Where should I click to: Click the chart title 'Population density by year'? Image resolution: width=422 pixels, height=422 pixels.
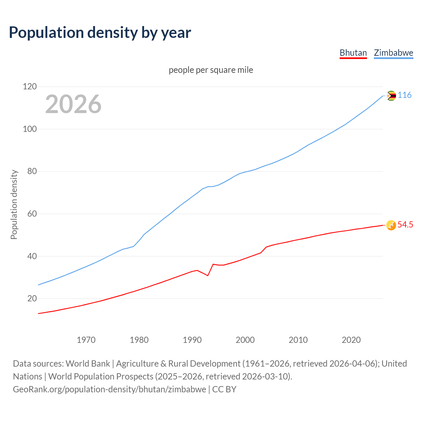[x=100, y=33]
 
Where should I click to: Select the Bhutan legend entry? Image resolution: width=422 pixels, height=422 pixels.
[x=353, y=53]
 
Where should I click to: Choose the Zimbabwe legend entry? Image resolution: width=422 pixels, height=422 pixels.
[x=393, y=53]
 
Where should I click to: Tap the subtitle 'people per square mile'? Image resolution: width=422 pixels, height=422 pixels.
[x=211, y=70]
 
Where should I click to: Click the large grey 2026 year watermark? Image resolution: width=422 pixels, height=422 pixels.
[x=73, y=104]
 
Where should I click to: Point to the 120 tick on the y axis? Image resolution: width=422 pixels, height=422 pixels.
[x=30, y=87]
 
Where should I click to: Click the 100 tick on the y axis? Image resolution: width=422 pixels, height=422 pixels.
[x=30, y=129]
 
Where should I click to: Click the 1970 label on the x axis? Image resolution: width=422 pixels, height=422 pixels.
[x=86, y=340]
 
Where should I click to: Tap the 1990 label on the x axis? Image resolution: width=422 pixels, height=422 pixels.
[x=192, y=340]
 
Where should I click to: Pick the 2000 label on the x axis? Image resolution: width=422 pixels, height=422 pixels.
[x=245, y=340]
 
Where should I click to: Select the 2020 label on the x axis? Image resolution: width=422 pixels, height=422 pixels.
[x=351, y=340]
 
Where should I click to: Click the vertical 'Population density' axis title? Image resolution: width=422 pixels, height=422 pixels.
[x=14, y=204]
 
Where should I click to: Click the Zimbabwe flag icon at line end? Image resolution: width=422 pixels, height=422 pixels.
[x=391, y=96]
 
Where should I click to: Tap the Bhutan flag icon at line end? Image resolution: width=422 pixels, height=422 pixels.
[x=391, y=225]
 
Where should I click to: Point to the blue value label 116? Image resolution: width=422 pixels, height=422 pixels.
[x=405, y=95]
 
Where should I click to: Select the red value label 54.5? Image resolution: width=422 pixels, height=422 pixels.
[x=405, y=225]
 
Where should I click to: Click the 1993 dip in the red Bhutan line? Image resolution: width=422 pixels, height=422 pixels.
[x=208, y=275]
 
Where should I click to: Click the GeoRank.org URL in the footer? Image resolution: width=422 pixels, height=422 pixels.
[x=109, y=389]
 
